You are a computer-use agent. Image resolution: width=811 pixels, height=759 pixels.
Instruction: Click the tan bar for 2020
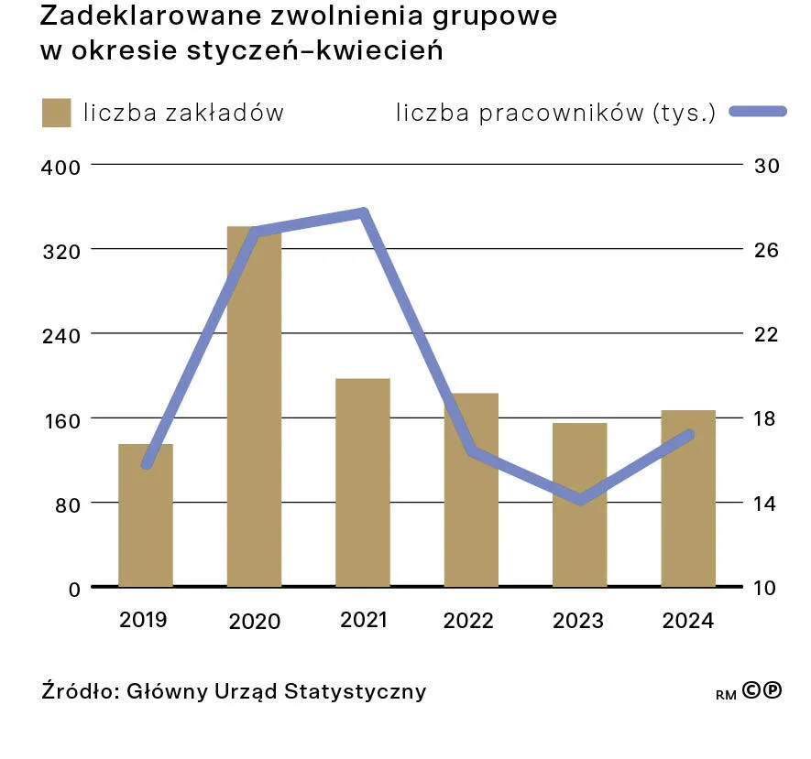tap(254, 407)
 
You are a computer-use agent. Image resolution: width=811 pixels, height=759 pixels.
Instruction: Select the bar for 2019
tap(146, 515)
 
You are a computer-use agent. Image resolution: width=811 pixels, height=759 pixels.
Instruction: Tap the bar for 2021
tap(363, 483)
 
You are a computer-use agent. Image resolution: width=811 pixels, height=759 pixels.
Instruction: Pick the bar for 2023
tap(579, 504)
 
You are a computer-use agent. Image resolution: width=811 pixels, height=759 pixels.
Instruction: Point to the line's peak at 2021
tap(364, 213)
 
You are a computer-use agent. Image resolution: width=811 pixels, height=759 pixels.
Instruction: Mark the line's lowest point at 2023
tap(579, 500)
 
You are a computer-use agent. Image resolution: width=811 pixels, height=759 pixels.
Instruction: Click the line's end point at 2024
tap(689, 435)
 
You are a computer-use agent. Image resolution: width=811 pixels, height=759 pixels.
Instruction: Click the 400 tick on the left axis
tap(60, 167)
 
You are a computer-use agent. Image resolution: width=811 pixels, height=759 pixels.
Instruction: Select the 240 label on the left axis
tap(60, 335)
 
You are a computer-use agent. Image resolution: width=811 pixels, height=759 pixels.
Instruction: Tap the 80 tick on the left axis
tap(66, 504)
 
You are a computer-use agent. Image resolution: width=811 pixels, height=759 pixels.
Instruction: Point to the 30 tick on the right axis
tap(765, 166)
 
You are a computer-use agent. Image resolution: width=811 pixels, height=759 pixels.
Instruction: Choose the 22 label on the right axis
tap(765, 334)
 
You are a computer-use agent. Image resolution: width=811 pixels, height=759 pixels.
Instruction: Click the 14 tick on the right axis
tap(765, 503)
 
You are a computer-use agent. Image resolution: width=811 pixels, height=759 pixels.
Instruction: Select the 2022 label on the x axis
tap(468, 621)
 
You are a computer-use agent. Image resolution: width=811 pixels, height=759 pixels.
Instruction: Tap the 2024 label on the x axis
tap(688, 621)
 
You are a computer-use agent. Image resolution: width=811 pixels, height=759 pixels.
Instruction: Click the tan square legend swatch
tap(56, 113)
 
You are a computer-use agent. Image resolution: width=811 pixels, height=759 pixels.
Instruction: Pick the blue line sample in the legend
tap(758, 112)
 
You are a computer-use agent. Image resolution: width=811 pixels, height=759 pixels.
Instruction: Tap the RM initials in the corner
tap(726, 695)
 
